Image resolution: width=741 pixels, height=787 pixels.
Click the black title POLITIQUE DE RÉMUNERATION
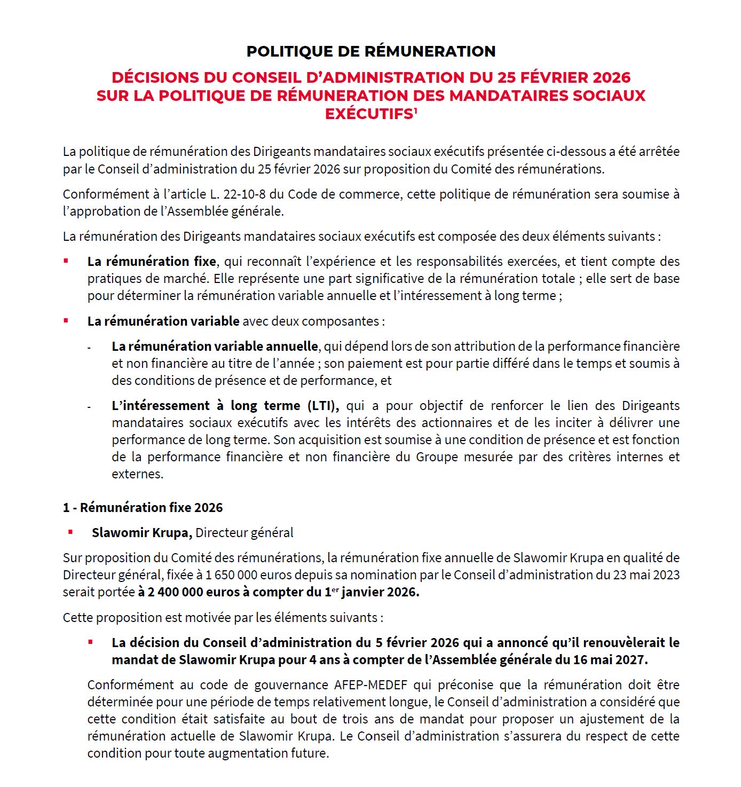[x=370, y=51]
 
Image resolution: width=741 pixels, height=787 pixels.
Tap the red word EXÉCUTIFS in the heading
[x=369, y=114]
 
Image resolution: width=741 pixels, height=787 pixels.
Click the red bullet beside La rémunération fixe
[x=66, y=261]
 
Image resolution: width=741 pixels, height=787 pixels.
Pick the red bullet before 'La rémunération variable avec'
[x=66, y=321]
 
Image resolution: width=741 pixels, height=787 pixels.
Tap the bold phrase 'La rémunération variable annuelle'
[x=215, y=347]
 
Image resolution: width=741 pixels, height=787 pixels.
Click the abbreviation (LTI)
[x=323, y=406]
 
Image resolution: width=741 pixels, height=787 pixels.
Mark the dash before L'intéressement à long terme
[x=90, y=407]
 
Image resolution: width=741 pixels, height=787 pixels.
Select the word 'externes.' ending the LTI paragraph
[x=137, y=474]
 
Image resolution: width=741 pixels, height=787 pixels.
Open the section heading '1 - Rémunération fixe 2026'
[x=143, y=508]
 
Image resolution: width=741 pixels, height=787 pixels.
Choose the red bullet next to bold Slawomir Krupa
[x=70, y=532]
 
